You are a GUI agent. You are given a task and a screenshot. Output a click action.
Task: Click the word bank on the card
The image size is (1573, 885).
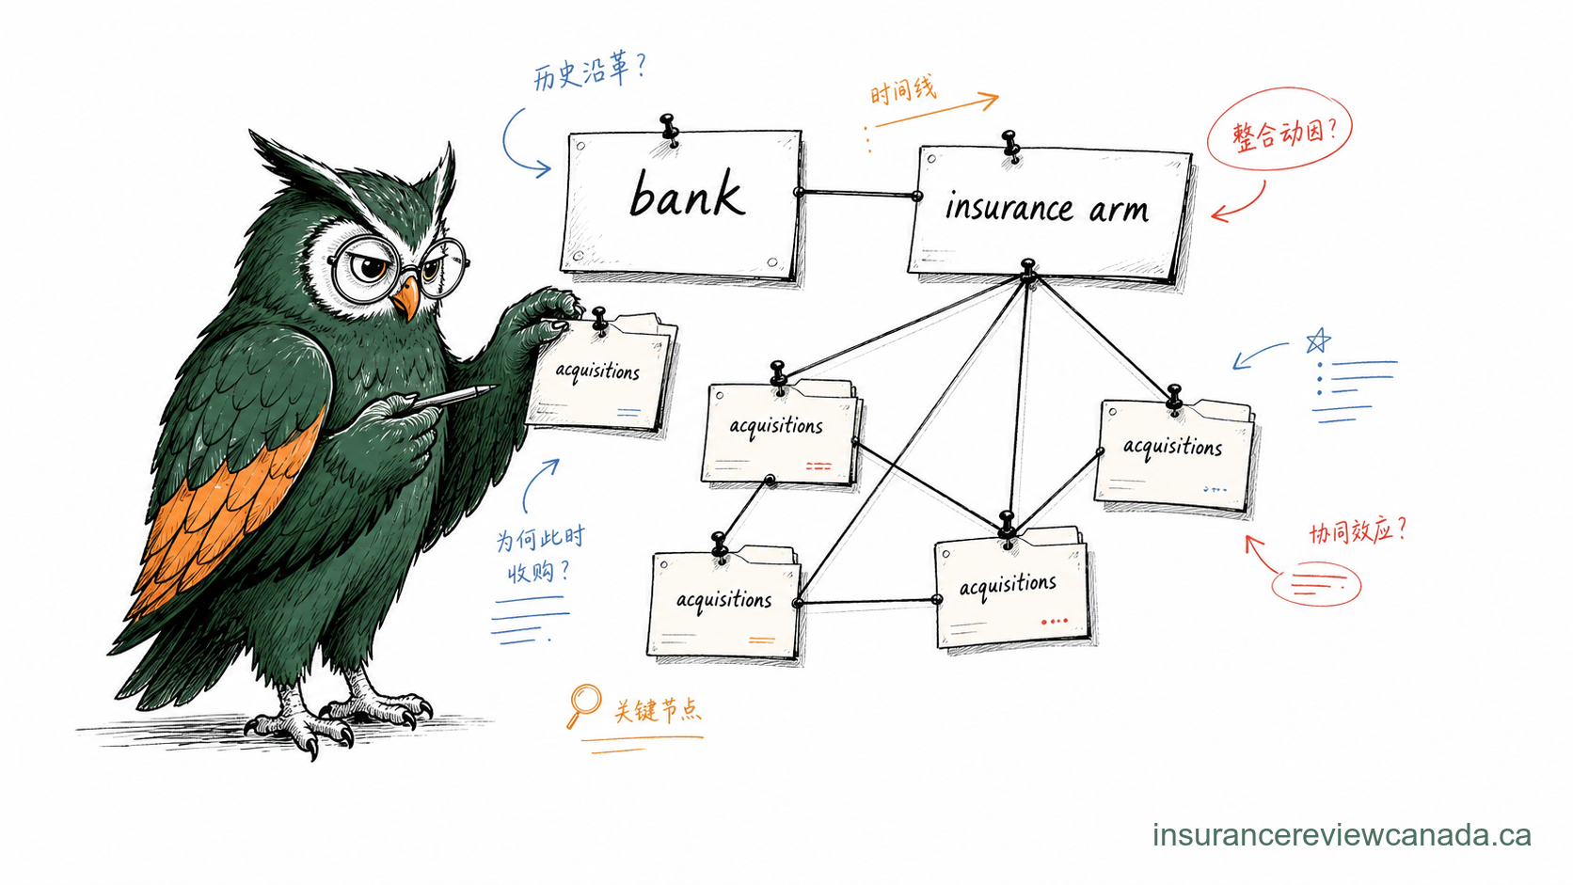687,194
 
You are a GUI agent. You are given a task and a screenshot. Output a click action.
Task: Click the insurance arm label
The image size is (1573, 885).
1047,209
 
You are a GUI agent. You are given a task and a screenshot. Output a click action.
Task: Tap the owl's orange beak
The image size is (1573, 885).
405,297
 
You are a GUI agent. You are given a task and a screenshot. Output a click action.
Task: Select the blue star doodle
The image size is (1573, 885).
1318,341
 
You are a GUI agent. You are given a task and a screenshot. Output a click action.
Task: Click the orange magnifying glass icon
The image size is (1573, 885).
583,705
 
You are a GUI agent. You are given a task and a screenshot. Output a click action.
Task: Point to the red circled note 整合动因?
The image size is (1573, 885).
1279,129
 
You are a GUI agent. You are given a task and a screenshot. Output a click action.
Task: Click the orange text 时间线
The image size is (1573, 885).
903,91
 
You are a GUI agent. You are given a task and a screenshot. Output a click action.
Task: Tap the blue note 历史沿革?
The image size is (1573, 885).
590,72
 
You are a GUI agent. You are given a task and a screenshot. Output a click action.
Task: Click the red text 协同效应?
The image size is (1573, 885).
1358,530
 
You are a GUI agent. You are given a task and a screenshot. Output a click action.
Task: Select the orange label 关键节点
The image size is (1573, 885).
658,710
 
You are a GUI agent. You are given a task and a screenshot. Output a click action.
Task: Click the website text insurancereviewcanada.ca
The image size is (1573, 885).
1342,835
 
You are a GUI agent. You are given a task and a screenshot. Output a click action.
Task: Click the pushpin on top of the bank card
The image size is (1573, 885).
669,130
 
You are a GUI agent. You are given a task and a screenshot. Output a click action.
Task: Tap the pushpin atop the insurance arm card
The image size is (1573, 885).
1011,146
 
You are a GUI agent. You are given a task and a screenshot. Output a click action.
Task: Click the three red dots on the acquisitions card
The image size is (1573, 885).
1055,621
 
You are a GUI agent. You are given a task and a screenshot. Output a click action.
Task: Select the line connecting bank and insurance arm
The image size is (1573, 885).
857,193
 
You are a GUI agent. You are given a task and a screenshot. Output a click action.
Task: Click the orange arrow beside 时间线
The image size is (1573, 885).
937,109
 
